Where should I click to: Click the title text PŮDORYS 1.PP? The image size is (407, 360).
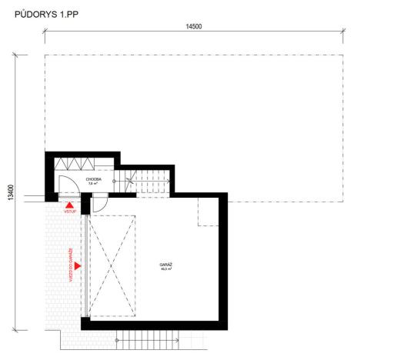pyautogui.click(x=46, y=13)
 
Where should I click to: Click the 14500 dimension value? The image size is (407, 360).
pyautogui.click(x=193, y=27)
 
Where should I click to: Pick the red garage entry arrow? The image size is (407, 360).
pyautogui.click(x=78, y=266)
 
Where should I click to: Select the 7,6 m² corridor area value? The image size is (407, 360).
pyautogui.click(x=94, y=185)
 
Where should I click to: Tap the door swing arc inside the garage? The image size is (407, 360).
pyautogui.click(x=100, y=205)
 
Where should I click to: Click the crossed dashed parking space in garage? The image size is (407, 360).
pyautogui.click(x=113, y=265)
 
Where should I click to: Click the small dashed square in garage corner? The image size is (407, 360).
pyautogui.click(x=209, y=211)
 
